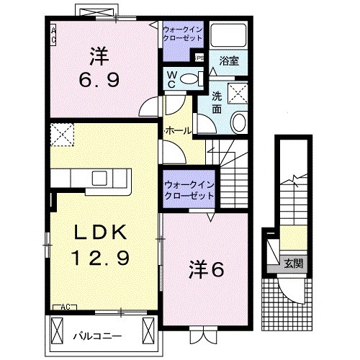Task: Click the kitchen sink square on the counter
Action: coord(99,178)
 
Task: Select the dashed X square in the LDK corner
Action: coord(62,133)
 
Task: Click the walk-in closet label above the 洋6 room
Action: coord(189,189)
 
